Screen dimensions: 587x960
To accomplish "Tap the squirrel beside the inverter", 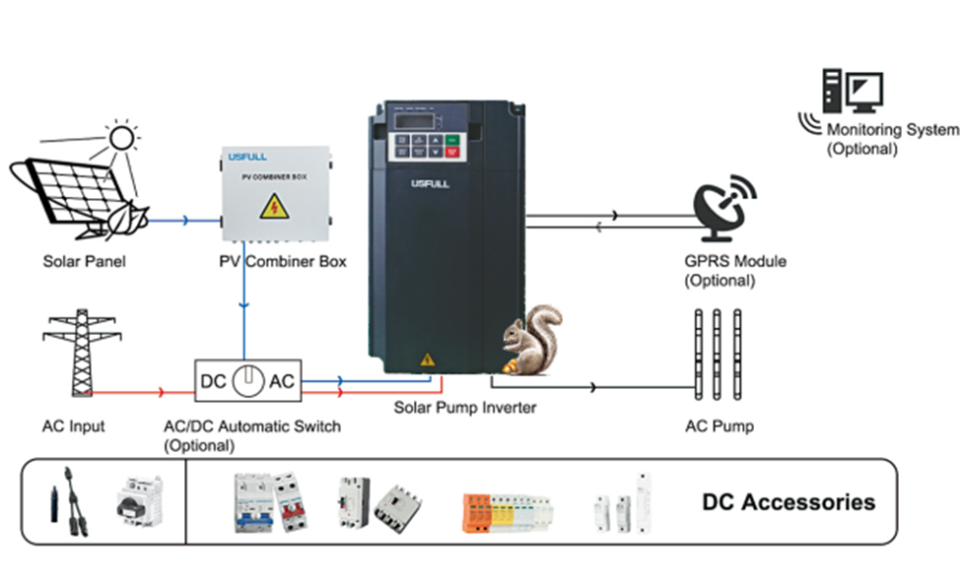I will pyautogui.click(x=530, y=341).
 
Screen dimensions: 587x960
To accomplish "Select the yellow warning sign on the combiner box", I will pyautogui.click(x=268, y=206).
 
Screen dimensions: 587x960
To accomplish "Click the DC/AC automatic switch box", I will pyautogui.click(x=247, y=381).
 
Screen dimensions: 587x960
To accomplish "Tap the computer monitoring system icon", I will pyautogui.click(x=852, y=95).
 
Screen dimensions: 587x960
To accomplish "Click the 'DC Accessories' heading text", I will pyautogui.click(x=788, y=502).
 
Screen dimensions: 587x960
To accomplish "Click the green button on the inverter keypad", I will pyautogui.click(x=452, y=141).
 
